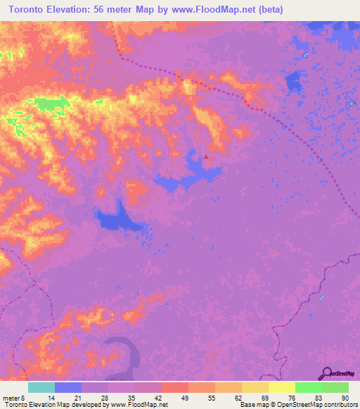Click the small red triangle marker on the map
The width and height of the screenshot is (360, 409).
point(205,157)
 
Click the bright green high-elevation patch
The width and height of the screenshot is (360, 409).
point(52,105)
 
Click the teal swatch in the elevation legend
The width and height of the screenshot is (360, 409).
point(41,387)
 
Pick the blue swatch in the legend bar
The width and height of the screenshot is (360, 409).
point(68,387)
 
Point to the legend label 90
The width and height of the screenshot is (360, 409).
point(344,398)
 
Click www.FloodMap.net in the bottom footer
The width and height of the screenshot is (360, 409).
point(141,405)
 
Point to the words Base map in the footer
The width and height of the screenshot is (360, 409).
point(251,405)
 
